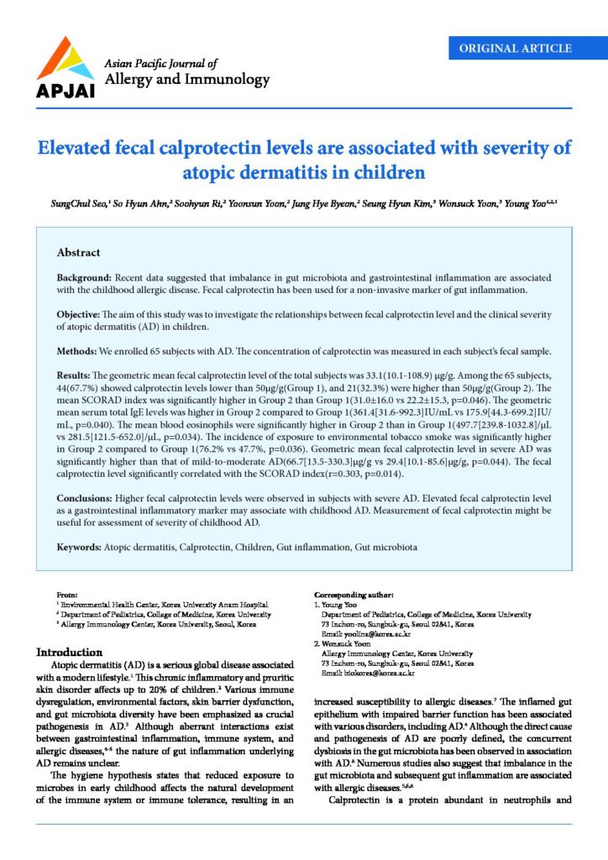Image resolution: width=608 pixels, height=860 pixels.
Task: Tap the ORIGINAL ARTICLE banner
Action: (x=522, y=48)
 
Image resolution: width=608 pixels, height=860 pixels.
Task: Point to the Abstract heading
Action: (x=78, y=252)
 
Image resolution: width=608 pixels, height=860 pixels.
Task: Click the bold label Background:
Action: (x=87, y=276)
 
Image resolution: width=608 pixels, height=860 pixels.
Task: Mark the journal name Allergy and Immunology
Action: (x=186, y=81)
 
